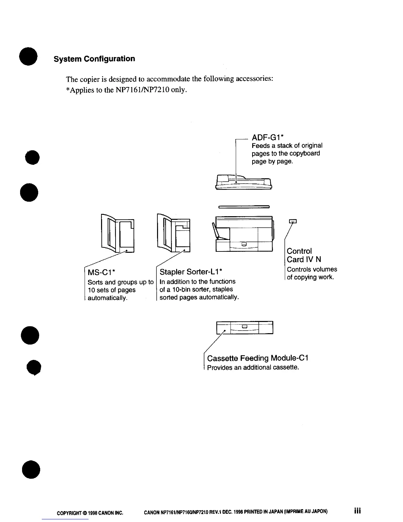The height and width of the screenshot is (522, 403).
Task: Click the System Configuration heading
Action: (x=94, y=59)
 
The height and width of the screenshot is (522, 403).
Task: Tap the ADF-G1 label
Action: (x=268, y=137)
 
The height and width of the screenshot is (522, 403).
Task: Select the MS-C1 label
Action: (x=101, y=273)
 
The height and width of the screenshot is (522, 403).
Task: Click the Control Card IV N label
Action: (x=304, y=255)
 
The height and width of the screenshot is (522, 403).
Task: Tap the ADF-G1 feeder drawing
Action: (x=244, y=182)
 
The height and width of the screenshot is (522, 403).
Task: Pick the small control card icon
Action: (x=293, y=221)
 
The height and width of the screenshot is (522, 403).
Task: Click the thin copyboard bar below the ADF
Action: (x=244, y=207)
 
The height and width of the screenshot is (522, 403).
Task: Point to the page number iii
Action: (x=357, y=510)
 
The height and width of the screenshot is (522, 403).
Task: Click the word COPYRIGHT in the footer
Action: (x=68, y=513)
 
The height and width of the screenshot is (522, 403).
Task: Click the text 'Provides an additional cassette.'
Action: (x=253, y=367)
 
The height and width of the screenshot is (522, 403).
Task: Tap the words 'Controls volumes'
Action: (x=312, y=269)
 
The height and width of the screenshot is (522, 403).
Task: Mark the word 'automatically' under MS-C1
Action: (x=107, y=298)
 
